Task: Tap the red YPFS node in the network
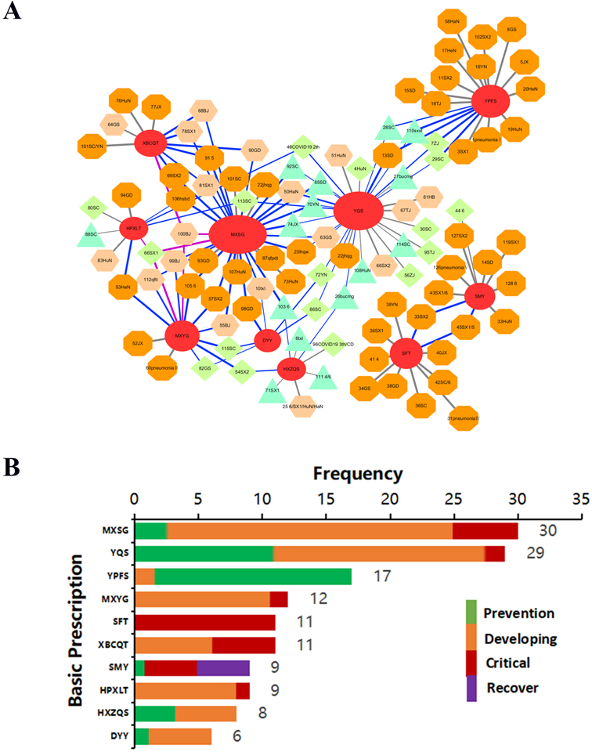(x=491, y=102)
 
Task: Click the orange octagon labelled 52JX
(x=138, y=342)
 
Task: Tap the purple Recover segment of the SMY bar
(x=223, y=645)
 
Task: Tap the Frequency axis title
(x=359, y=474)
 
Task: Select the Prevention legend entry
(x=518, y=613)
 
